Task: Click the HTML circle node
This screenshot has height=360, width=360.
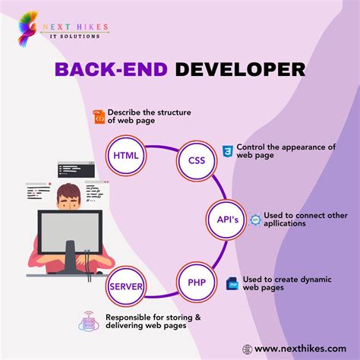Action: (x=125, y=156)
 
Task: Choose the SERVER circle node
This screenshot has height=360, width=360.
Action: (x=126, y=287)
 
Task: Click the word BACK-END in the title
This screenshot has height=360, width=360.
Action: (x=112, y=70)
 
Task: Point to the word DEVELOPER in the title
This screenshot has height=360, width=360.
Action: (x=240, y=70)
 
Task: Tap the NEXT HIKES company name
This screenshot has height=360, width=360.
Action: (x=78, y=27)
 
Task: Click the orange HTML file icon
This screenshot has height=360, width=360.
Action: (x=98, y=116)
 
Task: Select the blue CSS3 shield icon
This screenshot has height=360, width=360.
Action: (x=227, y=151)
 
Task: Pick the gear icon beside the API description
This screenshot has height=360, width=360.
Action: (x=255, y=220)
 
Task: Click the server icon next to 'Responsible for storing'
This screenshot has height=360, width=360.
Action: (x=90, y=321)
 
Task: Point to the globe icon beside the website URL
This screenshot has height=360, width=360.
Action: (x=247, y=349)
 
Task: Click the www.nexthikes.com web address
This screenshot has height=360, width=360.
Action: (x=301, y=349)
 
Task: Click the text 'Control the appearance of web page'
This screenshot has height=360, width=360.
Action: (x=286, y=151)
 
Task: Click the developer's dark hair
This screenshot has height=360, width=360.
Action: (x=67, y=191)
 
